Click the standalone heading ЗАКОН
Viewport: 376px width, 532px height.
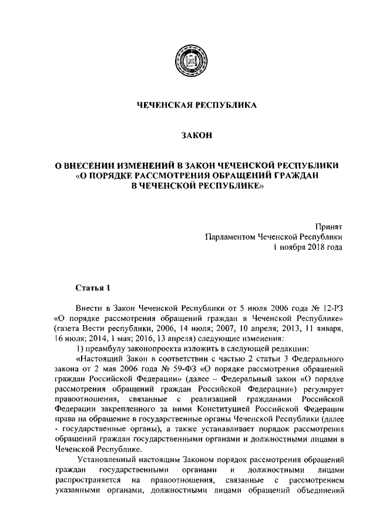[x=188, y=136]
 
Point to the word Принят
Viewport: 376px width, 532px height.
[x=330, y=226]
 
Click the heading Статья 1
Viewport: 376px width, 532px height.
[x=93, y=288]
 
